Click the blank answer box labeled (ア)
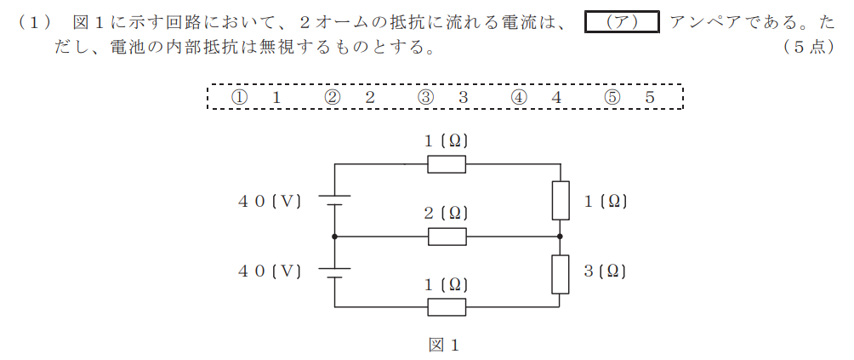pyautogui.click(x=622, y=22)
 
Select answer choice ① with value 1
pyautogui.click(x=255, y=98)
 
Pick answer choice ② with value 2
pyautogui.click(x=349, y=98)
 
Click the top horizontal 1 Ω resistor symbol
pyautogui.click(x=447, y=164)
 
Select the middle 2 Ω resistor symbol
pyautogui.click(x=447, y=237)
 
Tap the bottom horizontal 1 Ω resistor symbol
pyautogui.click(x=447, y=307)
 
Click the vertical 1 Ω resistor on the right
pyautogui.click(x=561, y=200)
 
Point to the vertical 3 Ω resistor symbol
pyautogui.click(x=561, y=274)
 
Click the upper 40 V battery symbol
pyautogui.click(x=334, y=200)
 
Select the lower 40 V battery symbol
pyautogui.click(x=334, y=273)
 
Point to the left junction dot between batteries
pyautogui.click(x=334, y=237)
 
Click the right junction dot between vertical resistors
pyautogui.click(x=561, y=237)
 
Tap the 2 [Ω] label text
pyautogui.click(x=447, y=214)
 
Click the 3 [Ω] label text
pyautogui.click(x=605, y=271)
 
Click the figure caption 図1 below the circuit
pyautogui.click(x=445, y=346)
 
